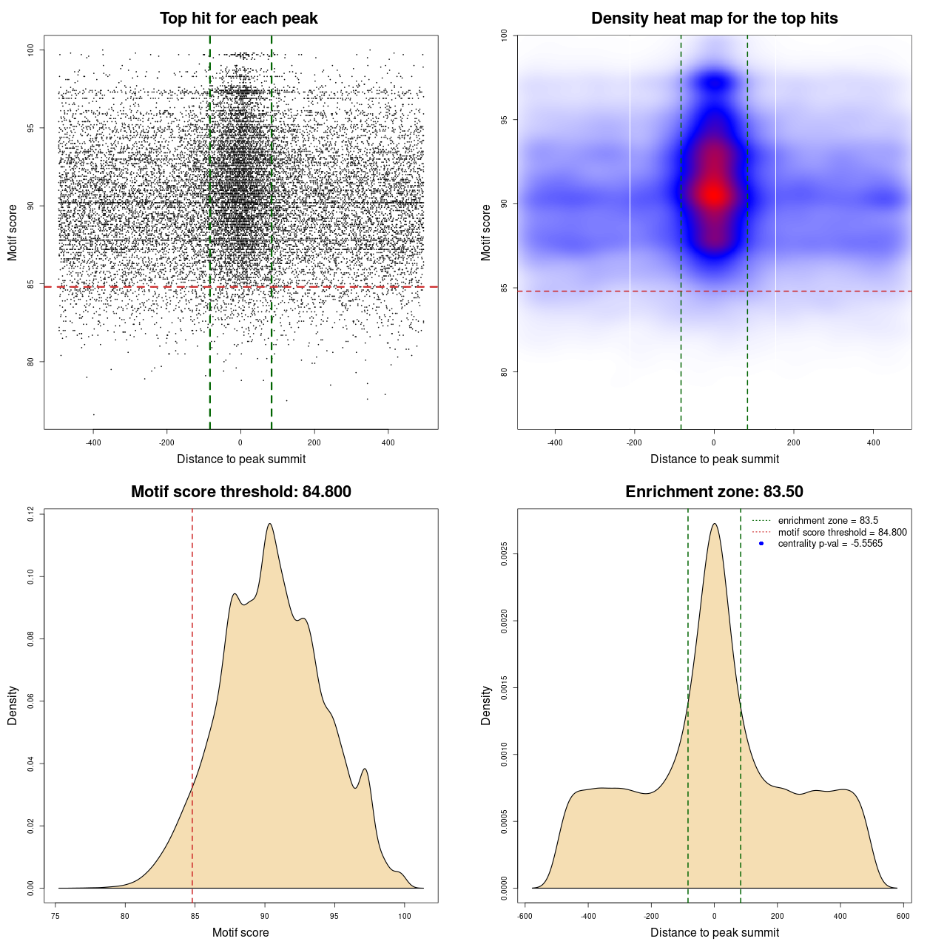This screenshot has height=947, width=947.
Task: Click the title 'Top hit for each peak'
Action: pos(238,18)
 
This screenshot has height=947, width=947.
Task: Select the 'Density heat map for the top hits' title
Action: pos(714,18)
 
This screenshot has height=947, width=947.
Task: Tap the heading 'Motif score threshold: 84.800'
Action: pos(240,492)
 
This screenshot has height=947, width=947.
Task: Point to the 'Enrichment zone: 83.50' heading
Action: pos(714,492)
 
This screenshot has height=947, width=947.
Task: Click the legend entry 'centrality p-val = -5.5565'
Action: pos(830,544)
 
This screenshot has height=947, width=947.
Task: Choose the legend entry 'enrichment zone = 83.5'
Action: pos(828,521)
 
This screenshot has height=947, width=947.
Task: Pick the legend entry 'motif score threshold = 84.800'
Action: pos(842,533)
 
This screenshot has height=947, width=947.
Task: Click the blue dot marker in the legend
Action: pos(761,544)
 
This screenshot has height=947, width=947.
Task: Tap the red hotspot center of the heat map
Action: pos(714,195)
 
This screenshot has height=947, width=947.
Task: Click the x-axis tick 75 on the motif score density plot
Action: pos(55,916)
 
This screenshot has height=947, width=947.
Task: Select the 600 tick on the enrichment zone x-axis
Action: pos(903,916)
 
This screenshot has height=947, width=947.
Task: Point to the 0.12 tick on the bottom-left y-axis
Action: pos(30,513)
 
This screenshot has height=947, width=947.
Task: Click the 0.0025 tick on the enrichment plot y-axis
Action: pos(504,554)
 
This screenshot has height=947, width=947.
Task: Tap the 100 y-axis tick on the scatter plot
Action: pos(30,50)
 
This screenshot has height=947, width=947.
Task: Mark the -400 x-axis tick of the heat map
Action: pos(555,442)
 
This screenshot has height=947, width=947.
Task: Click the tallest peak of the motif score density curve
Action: pos(269,524)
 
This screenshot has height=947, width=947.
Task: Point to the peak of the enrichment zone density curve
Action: pos(714,524)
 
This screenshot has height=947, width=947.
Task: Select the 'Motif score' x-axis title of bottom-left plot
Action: pos(240,932)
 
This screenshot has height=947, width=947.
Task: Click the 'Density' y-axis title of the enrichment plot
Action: pos(486,705)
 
